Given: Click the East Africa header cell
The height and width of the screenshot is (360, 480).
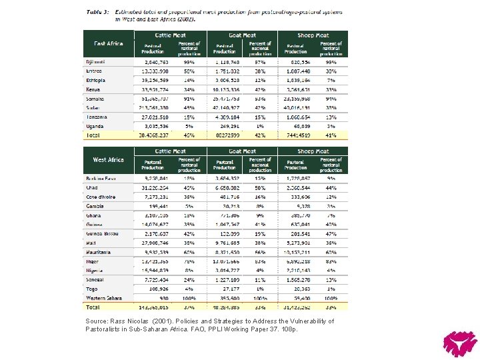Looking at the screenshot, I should [108, 43].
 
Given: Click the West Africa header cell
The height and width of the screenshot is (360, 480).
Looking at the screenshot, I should [108, 160].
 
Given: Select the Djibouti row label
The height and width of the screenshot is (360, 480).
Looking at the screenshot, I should [95, 62].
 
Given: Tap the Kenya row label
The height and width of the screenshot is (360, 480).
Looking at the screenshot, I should [93, 89].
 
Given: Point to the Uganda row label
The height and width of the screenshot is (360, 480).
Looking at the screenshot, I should [95, 125].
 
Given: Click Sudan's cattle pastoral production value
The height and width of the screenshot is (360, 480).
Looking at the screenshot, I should [153, 107].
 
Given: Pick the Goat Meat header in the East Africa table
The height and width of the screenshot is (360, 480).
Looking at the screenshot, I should [242, 35].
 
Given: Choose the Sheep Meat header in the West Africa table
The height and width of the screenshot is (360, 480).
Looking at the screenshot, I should [313, 151].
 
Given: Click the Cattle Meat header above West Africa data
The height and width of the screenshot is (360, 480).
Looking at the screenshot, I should [171, 151].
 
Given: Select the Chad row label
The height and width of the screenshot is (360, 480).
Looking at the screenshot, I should [92, 188].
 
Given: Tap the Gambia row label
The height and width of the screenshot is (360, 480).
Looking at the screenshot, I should [95, 207].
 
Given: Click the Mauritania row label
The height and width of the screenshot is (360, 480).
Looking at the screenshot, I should [99, 253].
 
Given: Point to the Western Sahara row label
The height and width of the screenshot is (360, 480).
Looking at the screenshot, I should [103, 298].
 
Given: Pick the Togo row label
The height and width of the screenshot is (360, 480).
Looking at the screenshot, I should [92, 289].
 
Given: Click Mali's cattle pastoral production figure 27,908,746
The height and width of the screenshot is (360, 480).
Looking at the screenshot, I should [155, 243].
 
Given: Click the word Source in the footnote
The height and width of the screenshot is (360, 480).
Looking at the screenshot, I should [96, 321].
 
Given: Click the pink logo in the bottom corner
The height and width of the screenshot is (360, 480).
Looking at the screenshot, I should [460, 343].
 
